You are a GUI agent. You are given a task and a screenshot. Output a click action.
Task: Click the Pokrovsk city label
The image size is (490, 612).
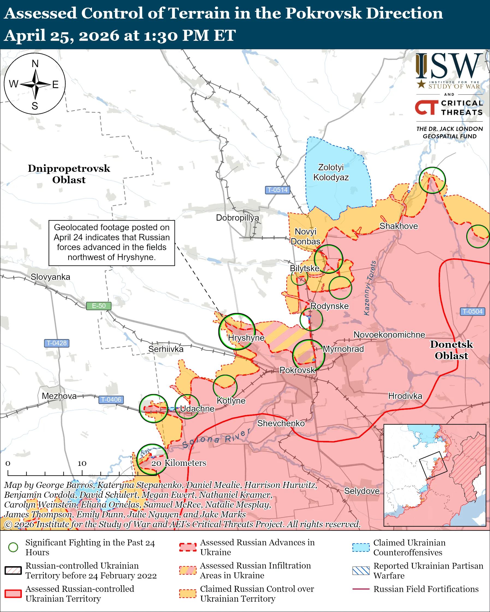click(297, 370)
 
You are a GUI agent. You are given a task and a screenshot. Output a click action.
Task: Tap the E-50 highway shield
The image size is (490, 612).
click(99, 306)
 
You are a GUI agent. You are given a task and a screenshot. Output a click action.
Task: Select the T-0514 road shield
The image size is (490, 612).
click(277, 190)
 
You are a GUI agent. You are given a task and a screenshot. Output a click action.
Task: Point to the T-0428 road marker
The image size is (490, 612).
click(57, 343)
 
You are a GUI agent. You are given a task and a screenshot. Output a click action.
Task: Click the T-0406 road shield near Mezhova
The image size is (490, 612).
click(111, 399)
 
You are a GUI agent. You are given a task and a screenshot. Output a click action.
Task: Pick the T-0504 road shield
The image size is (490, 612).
click(472, 311)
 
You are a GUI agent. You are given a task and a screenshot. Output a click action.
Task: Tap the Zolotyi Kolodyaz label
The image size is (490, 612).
click(331, 172)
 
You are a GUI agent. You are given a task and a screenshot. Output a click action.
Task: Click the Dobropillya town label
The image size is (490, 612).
click(237, 218)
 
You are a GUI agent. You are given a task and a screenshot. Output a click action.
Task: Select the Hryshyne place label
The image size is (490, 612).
click(246, 338)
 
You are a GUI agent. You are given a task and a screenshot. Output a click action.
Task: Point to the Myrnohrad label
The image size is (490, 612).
click(343, 349)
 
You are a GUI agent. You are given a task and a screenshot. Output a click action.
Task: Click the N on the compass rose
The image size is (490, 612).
click(35, 64)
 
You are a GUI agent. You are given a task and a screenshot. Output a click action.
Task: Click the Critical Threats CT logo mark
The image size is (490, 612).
click(426, 107)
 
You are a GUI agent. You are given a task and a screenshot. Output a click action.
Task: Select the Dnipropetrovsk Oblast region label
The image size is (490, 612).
click(69, 174)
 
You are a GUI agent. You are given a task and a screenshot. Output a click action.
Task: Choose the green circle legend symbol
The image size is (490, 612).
click(13, 547)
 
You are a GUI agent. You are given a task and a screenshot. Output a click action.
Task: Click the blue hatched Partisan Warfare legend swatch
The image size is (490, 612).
click(361, 571)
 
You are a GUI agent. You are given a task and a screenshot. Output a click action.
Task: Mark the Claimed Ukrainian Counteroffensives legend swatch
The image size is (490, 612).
click(361, 547)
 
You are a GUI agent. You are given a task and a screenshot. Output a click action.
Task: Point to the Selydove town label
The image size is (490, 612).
click(362, 491)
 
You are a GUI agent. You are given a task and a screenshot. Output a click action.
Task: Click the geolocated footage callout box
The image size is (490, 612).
click(112, 243)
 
